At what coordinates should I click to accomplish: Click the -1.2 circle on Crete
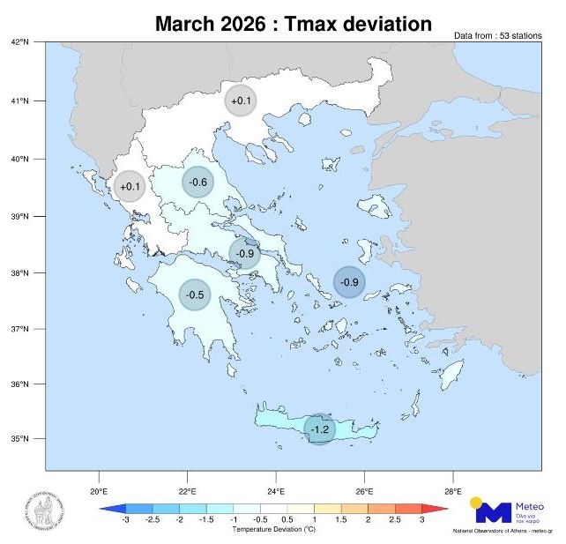point(319,429)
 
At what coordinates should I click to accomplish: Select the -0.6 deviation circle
point(198,183)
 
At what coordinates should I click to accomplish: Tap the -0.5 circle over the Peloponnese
point(195,294)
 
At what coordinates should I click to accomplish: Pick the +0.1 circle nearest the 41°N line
point(241,101)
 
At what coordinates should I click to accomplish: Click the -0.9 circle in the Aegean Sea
point(349,282)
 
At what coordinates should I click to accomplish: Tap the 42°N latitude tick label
point(20,42)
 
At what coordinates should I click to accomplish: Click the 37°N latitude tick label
point(20,329)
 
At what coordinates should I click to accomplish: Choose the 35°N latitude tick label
point(20,439)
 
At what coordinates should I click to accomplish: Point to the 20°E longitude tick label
point(98,491)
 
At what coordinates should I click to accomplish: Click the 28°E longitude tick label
point(453,491)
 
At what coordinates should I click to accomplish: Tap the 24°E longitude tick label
point(276,491)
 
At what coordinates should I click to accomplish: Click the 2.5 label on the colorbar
point(395,521)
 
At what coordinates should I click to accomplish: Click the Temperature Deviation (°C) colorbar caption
point(273,530)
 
